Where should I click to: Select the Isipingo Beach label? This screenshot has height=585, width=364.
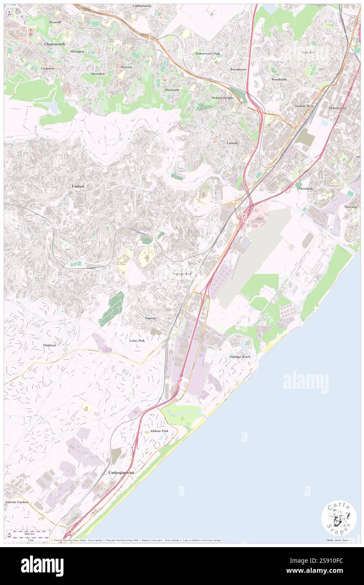tap(240, 356)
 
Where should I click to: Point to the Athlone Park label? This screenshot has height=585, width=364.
tap(159, 431)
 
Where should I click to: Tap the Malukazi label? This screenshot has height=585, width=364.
tap(50, 345)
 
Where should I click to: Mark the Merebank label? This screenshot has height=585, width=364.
tap(306, 189)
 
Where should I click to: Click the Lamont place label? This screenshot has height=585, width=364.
tap(232, 143)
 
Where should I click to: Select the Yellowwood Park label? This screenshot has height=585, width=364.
tap(208, 53)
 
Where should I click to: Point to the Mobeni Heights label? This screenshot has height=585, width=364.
tap(222, 97)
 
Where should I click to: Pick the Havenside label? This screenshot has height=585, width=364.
tap(172, 90)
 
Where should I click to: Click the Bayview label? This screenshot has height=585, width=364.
tap(127, 67)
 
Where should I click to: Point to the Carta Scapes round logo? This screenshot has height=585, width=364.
tap(339, 519)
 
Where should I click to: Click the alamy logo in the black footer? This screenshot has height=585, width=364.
tap(42, 566)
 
